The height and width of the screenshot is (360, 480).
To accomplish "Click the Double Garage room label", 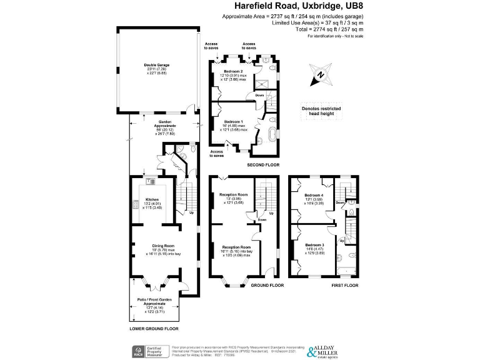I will pos(158,64).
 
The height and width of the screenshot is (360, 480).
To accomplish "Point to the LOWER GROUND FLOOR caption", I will pos(154,328).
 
